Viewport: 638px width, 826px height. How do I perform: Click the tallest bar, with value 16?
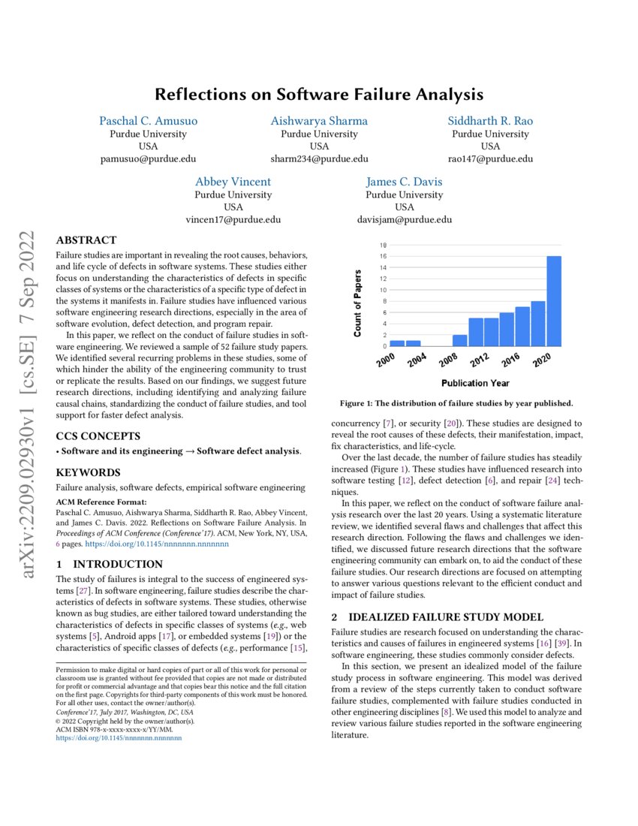[x=554, y=301]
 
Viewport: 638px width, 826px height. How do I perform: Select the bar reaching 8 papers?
[x=538, y=324]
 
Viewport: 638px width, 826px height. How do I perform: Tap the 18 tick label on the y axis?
[x=384, y=245]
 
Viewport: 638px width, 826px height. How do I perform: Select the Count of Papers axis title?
[x=358, y=303]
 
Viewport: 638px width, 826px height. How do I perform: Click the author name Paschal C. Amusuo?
[x=149, y=121]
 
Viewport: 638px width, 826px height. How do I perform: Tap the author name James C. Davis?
[x=404, y=182]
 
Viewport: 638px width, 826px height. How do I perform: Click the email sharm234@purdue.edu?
[x=319, y=158]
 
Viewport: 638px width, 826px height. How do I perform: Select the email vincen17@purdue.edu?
[x=233, y=220]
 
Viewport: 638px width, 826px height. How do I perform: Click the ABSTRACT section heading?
[x=86, y=240]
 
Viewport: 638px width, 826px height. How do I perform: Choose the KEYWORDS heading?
[x=89, y=472]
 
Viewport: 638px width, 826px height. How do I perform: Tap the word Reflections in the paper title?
[x=200, y=95]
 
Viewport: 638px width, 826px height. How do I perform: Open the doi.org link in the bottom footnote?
[x=119, y=738]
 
